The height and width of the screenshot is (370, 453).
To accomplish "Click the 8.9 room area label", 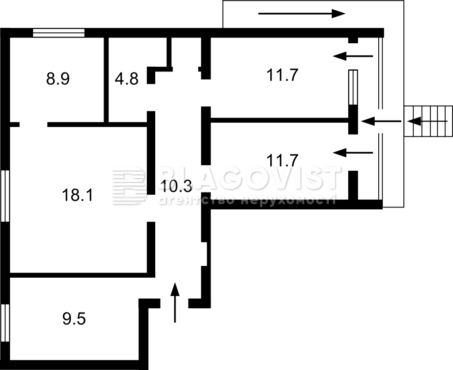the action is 58,79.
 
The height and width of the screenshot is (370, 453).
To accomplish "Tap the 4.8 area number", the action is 127,79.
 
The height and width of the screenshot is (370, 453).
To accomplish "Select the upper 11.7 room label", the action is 282,75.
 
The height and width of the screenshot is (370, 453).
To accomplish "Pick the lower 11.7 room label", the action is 282,160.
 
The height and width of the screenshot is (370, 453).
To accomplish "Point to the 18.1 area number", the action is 77,195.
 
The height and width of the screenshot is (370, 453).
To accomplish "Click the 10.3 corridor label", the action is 176,186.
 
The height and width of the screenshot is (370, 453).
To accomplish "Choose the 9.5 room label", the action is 74,319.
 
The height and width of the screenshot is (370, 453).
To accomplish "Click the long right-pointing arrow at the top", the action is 302,14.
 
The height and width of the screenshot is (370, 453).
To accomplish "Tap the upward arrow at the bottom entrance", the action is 175,302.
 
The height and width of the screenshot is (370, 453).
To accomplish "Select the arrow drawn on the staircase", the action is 427,121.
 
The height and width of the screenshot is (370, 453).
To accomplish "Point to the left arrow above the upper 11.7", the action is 353,56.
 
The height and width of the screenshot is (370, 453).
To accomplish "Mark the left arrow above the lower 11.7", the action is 353,153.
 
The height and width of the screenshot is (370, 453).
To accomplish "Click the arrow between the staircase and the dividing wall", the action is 381,121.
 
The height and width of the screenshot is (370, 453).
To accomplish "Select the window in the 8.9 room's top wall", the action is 59,33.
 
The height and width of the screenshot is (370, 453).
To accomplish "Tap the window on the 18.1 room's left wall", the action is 5,196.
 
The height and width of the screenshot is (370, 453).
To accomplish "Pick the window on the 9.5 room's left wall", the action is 5,323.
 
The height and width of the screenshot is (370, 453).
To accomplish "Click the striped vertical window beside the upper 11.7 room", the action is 353,87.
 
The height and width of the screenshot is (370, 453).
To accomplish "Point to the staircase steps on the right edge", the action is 428,121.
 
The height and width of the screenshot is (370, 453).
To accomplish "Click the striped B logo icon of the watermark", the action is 130,186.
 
